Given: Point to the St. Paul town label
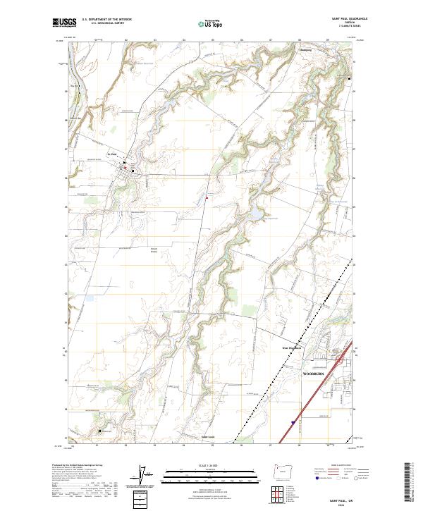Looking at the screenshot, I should coord(111,155).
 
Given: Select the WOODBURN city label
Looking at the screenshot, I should coord(314,371).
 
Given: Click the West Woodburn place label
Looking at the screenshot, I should coord(292,347).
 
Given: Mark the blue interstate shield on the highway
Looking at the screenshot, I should coord(291,423).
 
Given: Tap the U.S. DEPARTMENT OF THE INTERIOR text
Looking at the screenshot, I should coord(106,19).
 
